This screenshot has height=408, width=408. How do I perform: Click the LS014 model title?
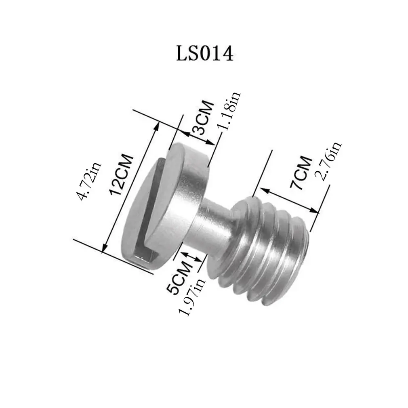(204, 53)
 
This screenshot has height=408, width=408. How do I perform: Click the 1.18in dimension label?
(228, 111)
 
